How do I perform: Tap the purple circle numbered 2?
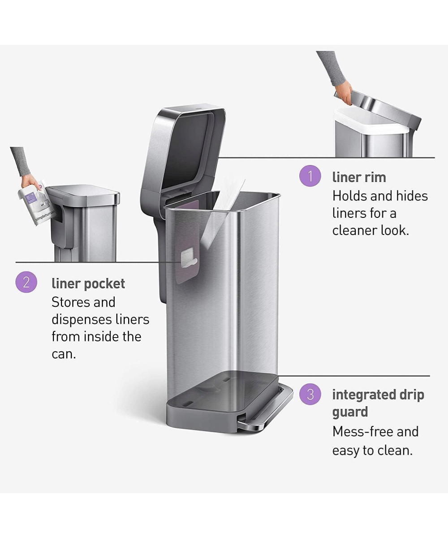(26, 282)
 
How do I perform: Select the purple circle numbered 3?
(310, 395)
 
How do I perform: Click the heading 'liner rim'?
(359, 177)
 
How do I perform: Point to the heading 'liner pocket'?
(88, 284)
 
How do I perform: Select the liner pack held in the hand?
(36, 203)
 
